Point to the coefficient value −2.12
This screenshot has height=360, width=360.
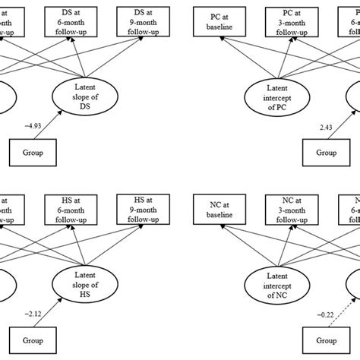[x=33, y=313]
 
